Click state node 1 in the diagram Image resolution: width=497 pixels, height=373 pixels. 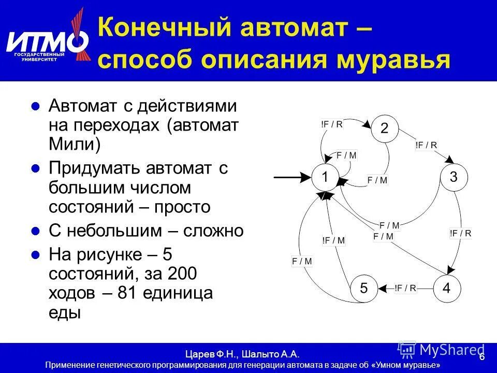click(325, 177)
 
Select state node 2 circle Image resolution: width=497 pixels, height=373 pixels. click(384, 129)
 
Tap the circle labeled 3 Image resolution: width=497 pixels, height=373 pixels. click(454, 177)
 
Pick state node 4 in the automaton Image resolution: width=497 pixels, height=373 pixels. click(446, 288)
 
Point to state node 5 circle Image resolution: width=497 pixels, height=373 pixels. click(364, 288)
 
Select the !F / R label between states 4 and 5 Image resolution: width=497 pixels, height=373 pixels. click(405, 288)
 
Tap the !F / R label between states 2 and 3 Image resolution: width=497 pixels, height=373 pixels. click(426, 145)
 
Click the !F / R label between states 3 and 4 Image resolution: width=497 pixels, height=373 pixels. click(460, 233)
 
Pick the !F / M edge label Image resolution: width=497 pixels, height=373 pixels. click(333, 240)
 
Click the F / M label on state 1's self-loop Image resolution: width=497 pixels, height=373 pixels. click(346, 155)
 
